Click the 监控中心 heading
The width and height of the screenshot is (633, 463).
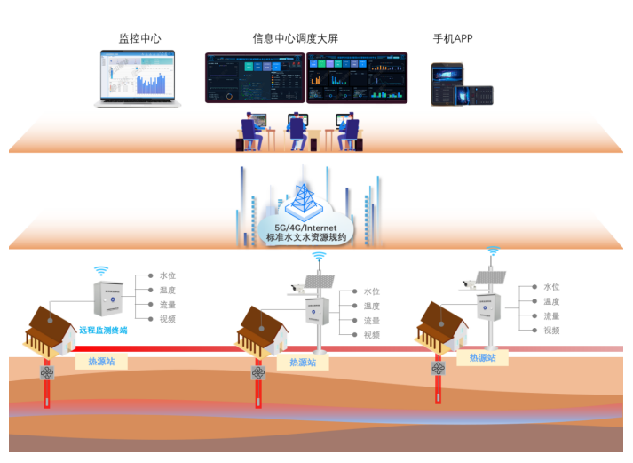(140, 38)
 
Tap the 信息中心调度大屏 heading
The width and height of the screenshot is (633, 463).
(295, 38)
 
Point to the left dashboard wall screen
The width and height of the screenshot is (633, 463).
(254, 77)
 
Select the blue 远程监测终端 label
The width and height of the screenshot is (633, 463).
(103, 330)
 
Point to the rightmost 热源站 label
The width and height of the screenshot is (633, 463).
(484, 357)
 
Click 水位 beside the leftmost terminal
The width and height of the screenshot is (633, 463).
(168, 275)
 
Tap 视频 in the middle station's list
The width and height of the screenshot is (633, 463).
(371, 335)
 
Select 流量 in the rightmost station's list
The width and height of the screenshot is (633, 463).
(551, 315)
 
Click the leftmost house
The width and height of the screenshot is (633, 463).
(50, 330)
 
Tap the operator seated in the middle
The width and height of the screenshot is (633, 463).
(297, 131)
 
